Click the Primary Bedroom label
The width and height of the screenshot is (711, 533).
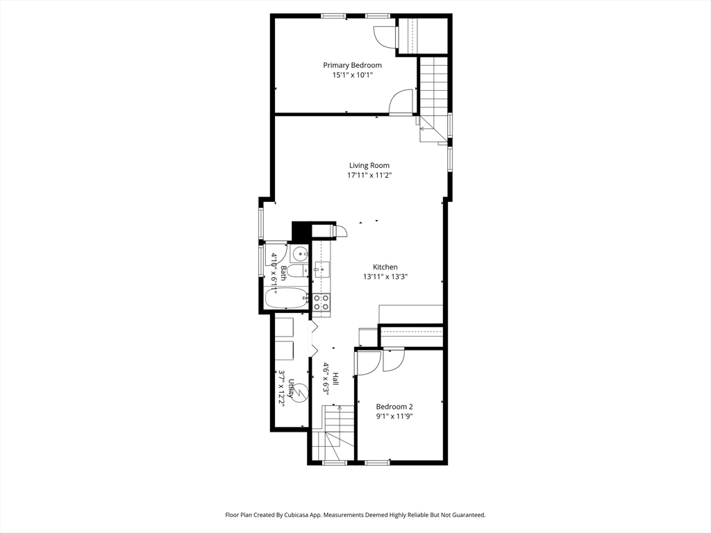(352, 65)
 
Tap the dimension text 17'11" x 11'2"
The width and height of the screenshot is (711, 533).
(369, 176)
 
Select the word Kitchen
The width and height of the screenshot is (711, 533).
(385, 267)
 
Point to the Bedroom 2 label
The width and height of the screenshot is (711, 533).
(394, 407)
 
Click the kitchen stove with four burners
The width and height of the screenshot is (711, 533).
(321, 302)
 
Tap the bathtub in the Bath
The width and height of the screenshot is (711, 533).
(286, 299)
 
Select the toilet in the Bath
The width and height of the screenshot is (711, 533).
(296, 270)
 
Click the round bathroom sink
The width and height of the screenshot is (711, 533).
(299, 253)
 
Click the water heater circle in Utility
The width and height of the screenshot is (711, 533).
(300, 392)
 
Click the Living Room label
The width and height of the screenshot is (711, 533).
(369, 165)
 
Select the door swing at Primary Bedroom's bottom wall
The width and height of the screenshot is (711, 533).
(401, 102)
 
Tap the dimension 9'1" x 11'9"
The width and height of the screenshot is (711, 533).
(394, 416)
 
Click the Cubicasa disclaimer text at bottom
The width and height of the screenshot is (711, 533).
(355, 515)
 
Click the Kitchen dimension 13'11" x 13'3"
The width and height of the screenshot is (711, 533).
(385, 277)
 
